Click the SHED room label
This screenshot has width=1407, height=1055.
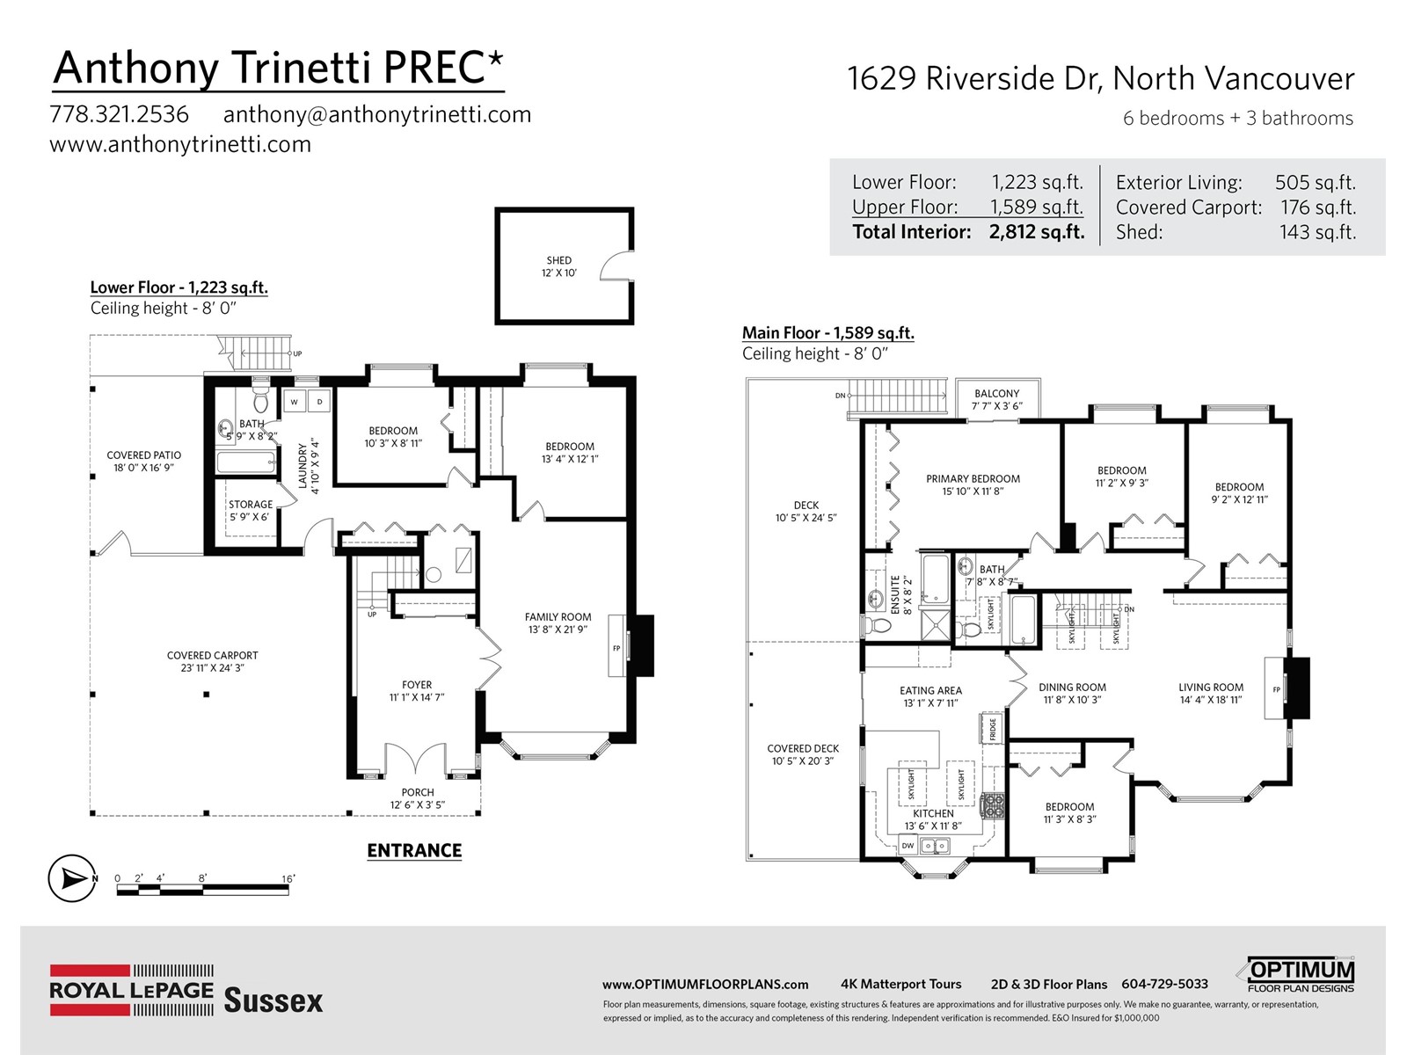click(559, 260)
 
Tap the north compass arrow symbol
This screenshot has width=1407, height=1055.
click(72, 878)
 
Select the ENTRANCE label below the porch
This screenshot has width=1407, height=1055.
click(414, 851)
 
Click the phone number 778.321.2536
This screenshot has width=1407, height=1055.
click(120, 114)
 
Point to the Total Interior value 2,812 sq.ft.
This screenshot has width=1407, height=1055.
click(1037, 232)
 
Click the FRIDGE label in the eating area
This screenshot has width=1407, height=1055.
click(992, 729)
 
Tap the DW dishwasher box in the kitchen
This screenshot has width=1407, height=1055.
click(908, 846)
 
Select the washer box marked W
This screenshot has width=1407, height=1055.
click(295, 402)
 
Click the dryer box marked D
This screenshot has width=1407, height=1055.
click(319, 402)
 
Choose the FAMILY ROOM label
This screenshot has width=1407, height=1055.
click(558, 617)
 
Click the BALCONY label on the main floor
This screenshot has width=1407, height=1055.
click(996, 393)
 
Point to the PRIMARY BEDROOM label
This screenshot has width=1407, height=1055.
click(973, 478)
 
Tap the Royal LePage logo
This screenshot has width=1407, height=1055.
click(131, 990)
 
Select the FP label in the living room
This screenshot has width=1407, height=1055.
click(1276, 690)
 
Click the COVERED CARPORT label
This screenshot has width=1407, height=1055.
click(212, 655)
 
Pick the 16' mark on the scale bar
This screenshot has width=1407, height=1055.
click(288, 879)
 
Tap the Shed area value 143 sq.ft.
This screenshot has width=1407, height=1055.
click(1317, 232)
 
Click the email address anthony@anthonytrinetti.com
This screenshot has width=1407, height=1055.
click(377, 114)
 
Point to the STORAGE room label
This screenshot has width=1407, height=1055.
click(251, 504)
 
